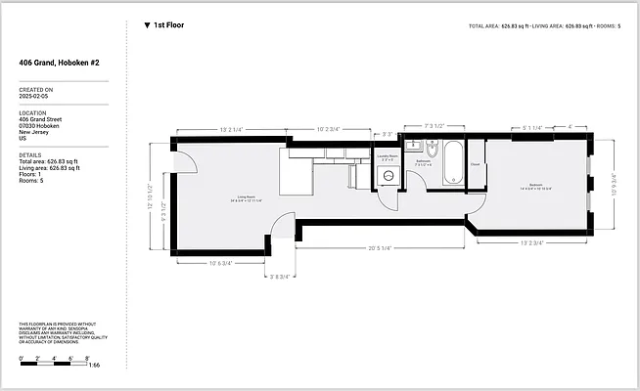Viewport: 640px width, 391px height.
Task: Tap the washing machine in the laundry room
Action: point(388,176)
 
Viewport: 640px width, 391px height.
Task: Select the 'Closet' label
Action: point(476,165)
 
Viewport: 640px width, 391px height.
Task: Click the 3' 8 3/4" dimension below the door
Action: point(282,277)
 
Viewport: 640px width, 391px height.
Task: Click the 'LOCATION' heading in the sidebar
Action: point(33,112)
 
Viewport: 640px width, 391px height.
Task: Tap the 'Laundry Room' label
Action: point(388,155)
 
